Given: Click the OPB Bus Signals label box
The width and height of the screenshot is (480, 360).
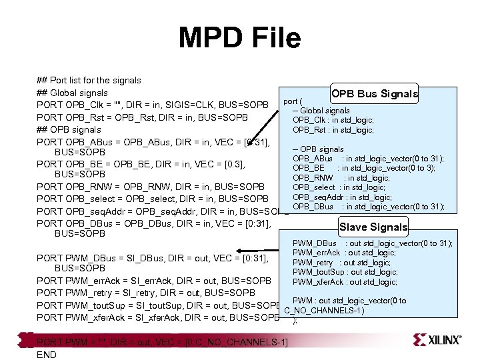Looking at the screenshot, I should pos(375,94).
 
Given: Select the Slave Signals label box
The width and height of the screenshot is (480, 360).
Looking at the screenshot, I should pos(373,227).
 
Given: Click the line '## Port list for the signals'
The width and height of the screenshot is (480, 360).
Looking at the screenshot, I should pos(89,80).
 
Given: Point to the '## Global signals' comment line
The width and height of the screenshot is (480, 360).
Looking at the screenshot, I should pos(73,93).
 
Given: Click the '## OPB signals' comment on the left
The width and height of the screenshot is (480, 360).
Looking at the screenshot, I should pos(69,130).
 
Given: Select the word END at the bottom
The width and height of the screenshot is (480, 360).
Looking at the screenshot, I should pos(47,355).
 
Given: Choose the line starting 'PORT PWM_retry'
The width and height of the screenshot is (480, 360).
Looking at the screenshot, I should pos(146,293).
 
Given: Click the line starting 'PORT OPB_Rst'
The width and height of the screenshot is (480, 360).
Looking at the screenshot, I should pos(142,117).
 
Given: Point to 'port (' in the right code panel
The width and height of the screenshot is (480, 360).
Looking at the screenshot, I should pos(294,101).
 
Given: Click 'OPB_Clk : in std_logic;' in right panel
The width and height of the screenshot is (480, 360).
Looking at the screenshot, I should pos(333,120).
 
